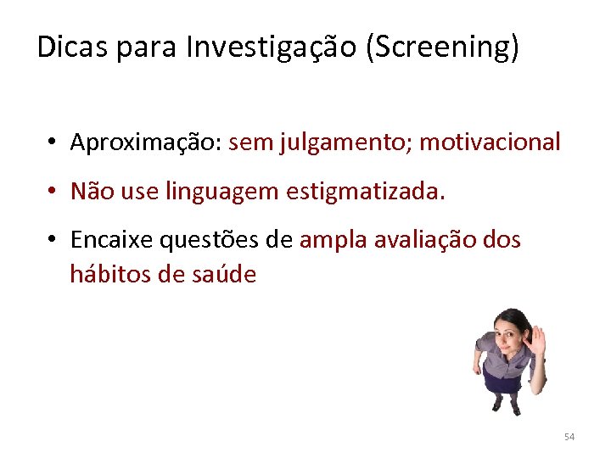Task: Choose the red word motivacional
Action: click(490, 142)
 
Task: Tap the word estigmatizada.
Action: click(366, 192)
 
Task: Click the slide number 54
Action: click(569, 437)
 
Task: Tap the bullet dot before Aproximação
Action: click(52, 142)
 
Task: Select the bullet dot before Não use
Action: click(52, 192)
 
